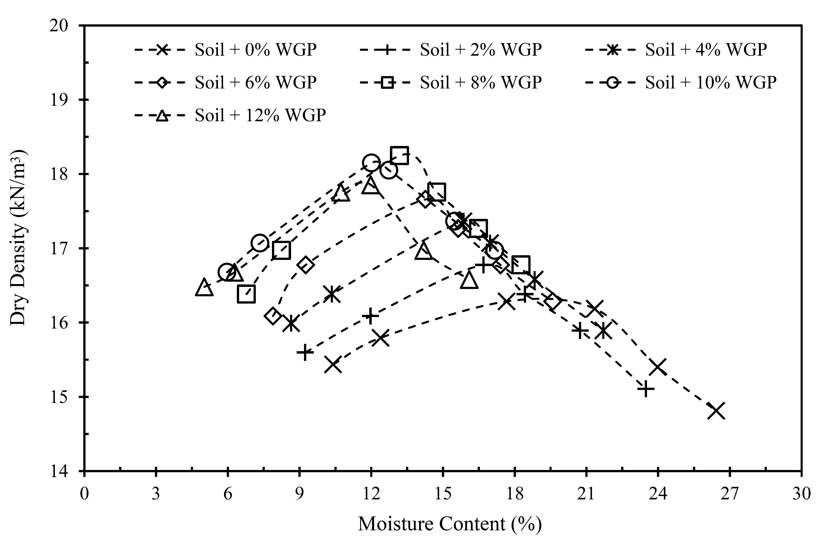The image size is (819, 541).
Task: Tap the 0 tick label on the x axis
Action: [x=84, y=494]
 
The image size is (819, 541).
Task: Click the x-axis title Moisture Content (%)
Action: [x=450, y=524]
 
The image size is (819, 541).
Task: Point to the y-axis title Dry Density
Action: [x=18, y=238]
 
